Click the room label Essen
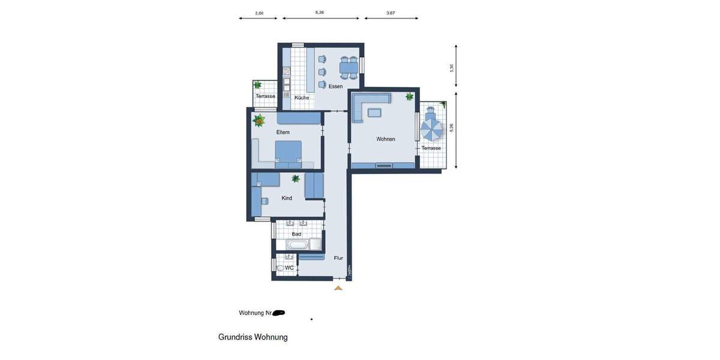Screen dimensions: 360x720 click(335, 86)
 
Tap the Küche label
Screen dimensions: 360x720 click(302, 97)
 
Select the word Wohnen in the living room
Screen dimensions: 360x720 click(386, 139)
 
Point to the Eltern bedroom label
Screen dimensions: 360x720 click(283, 132)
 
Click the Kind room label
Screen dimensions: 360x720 click(287, 198)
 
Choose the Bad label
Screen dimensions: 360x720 click(296, 234)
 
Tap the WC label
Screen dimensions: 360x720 click(289, 268)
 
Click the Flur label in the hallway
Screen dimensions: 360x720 click(338, 258)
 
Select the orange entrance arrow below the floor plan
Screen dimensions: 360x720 click(338, 288)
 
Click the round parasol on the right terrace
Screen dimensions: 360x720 click(431, 127)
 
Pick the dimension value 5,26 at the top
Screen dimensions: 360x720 click(320, 12)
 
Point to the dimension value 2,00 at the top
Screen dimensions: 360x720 click(259, 13)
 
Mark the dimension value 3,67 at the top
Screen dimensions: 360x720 click(391, 13)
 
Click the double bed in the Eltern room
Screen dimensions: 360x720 click(289, 152)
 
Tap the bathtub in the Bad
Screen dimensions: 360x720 click(298, 245)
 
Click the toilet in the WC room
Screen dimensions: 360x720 click(280, 268)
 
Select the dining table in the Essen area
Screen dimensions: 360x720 click(349, 68)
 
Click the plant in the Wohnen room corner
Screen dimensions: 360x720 click(410, 96)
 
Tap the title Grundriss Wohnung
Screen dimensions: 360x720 click(253, 337)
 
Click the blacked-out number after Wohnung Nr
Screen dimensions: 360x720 click(278, 313)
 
